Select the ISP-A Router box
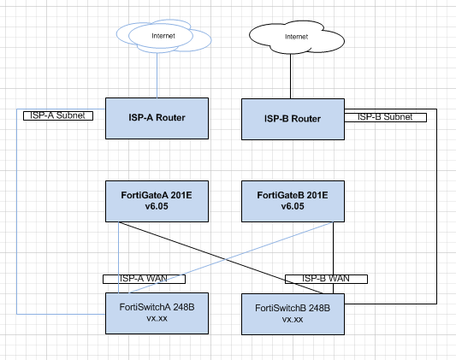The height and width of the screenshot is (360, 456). (x=157, y=117)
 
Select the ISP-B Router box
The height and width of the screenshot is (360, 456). (x=293, y=119)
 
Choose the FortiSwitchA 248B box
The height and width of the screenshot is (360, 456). (x=157, y=312)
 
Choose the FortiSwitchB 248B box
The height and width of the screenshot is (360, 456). (x=293, y=314)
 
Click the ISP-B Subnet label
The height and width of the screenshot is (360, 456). (x=386, y=115)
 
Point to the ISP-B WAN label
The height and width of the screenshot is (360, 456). (x=326, y=279)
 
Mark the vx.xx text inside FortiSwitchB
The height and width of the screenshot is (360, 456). (x=293, y=319)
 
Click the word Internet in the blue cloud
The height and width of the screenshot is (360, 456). (x=163, y=36)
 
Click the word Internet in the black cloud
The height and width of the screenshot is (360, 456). (x=296, y=37)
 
